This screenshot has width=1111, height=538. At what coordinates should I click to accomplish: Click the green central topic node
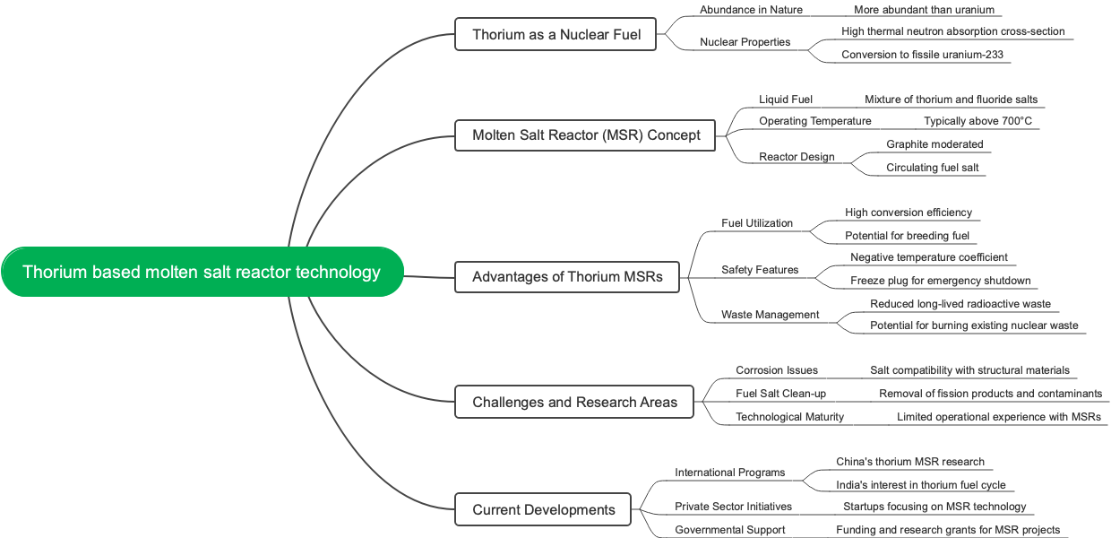[x=202, y=272]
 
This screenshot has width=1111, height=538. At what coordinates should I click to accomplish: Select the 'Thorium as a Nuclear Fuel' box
[x=556, y=35]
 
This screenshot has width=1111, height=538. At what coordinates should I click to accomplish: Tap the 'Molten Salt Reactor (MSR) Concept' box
[x=585, y=135]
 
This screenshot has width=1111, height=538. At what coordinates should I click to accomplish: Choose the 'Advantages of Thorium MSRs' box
[x=567, y=276]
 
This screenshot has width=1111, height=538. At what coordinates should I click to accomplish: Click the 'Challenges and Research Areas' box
[x=574, y=402]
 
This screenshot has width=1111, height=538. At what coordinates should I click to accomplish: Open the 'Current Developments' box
[x=544, y=509]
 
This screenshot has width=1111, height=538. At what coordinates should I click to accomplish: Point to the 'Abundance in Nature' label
[x=751, y=10]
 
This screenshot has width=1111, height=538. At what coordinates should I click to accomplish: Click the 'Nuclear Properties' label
[x=745, y=42]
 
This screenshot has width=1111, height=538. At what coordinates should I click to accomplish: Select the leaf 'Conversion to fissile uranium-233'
[x=922, y=55]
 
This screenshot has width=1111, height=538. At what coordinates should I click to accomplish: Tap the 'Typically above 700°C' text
[x=978, y=121]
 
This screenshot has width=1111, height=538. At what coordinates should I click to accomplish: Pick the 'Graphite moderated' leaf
[x=934, y=144]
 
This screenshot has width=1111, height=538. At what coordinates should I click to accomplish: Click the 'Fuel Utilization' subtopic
[x=757, y=223]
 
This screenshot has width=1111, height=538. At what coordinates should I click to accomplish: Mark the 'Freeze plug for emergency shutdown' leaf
[x=940, y=281]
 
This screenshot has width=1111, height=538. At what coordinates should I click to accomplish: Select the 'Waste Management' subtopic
[x=770, y=315]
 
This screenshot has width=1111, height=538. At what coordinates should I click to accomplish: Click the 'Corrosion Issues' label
[x=776, y=370]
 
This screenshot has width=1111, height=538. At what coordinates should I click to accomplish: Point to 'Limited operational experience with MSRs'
[x=998, y=417]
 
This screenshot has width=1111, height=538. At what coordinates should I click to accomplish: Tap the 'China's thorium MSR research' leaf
[x=909, y=462]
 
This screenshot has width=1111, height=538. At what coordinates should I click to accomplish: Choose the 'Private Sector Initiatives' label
[x=733, y=507]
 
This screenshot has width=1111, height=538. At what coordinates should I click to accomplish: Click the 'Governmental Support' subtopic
[x=729, y=530]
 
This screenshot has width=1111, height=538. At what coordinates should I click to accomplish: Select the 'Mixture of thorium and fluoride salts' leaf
[x=951, y=100]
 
